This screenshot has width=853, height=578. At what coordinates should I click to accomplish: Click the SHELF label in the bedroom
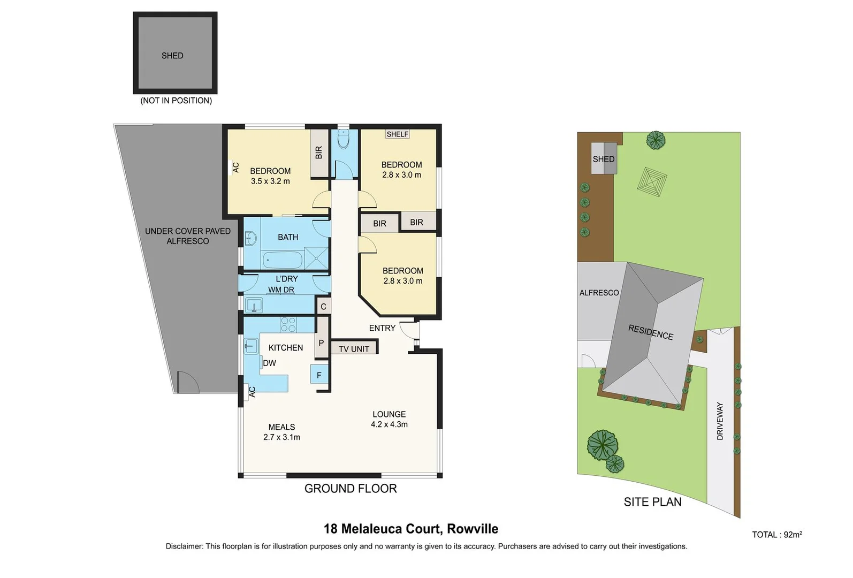pyautogui.click(x=397, y=134)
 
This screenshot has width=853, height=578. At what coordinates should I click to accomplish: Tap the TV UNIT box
pyautogui.click(x=354, y=347)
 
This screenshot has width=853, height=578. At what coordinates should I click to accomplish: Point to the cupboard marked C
pyautogui.click(x=323, y=306)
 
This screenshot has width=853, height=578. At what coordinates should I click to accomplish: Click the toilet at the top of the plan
pyautogui.click(x=344, y=140)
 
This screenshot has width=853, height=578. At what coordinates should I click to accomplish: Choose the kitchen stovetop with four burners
pyautogui.click(x=288, y=324)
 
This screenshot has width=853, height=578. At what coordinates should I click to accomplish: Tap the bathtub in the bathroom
pyautogui.click(x=282, y=260)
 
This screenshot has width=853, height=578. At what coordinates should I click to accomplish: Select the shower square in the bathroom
pyautogui.click(x=316, y=258)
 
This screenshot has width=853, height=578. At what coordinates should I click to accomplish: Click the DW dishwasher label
pyautogui.click(x=269, y=363)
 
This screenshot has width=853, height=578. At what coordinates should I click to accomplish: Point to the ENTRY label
pyautogui.click(x=382, y=328)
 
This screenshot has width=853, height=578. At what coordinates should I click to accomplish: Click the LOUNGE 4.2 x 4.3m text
pyautogui.click(x=389, y=419)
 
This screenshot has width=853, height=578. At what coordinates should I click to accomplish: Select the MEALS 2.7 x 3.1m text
pyautogui.click(x=282, y=432)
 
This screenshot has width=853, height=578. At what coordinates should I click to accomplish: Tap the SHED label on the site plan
pyautogui.click(x=604, y=159)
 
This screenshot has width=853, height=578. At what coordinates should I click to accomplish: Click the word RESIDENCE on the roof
pyautogui.click(x=651, y=332)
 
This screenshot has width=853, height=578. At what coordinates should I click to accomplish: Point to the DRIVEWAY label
pyautogui.click(x=720, y=421)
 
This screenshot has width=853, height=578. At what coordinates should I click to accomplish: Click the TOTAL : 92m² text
pyautogui.click(x=777, y=535)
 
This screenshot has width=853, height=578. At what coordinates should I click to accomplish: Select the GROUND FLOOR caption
pyautogui.click(x=351, y=489)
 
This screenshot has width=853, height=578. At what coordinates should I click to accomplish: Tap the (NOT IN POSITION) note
pyautogui.click(x=176, y=101)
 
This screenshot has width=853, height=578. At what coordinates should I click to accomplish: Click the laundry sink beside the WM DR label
pyautogui.click(x=254, y=306)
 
